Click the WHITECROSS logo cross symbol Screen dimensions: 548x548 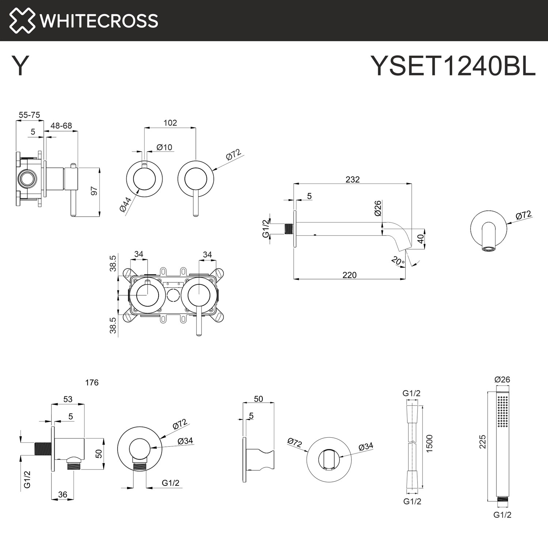(x=22, y=20)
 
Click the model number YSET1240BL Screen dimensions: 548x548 (x=453, y=66)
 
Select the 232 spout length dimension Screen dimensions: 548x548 (x=353, y=179)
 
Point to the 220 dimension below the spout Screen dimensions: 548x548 (x=349, y=275)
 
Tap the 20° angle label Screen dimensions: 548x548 (x=397, y=261)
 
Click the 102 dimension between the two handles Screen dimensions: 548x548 (x=170, y=123)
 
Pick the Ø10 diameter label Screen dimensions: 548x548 (x=164, y=147)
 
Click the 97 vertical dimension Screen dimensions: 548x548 (x=94, y=191)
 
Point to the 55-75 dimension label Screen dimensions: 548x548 (x=29, y=115)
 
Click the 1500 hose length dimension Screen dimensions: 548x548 (x=429, y=444)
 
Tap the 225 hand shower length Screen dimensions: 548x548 (x=483, y=441)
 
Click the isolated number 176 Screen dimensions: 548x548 (x=92, y=383)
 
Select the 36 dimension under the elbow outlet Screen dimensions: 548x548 (x=62, y=494)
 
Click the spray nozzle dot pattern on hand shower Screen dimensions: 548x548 (x=503, y=411)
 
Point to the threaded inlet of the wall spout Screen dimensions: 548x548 (x=289, y=229)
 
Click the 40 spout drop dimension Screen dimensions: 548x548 (x=420, y=239)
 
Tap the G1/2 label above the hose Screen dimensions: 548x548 (x=411, y=393)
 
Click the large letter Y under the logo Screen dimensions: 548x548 (x=20, y=66)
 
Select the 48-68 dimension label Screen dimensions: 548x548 (x=61, y=126)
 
